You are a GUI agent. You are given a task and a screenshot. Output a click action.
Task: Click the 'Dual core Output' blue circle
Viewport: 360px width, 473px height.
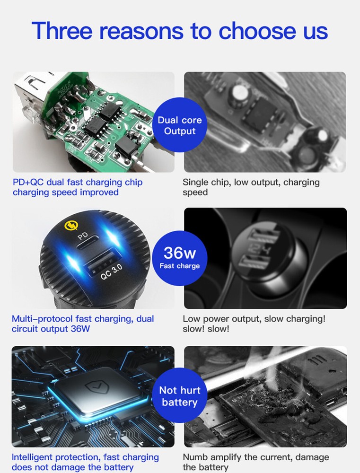click(180, 126)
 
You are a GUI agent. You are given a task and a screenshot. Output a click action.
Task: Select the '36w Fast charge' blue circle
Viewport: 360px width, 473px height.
click(180, 258)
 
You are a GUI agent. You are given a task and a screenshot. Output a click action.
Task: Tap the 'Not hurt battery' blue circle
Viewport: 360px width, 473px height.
click(180, 395)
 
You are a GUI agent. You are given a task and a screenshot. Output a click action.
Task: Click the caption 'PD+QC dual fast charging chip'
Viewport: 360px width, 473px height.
click(77, 182)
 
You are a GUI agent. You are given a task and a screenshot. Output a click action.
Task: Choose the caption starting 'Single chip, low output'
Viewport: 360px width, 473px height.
click(251, 182)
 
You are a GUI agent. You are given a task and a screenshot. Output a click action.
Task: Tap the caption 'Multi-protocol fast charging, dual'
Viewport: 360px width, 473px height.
click(83, 319)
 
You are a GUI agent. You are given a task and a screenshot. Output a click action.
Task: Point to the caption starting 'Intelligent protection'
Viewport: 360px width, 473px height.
click(85, 457)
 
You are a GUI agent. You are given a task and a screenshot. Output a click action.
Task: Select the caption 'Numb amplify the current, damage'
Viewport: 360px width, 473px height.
click(255, 457)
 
